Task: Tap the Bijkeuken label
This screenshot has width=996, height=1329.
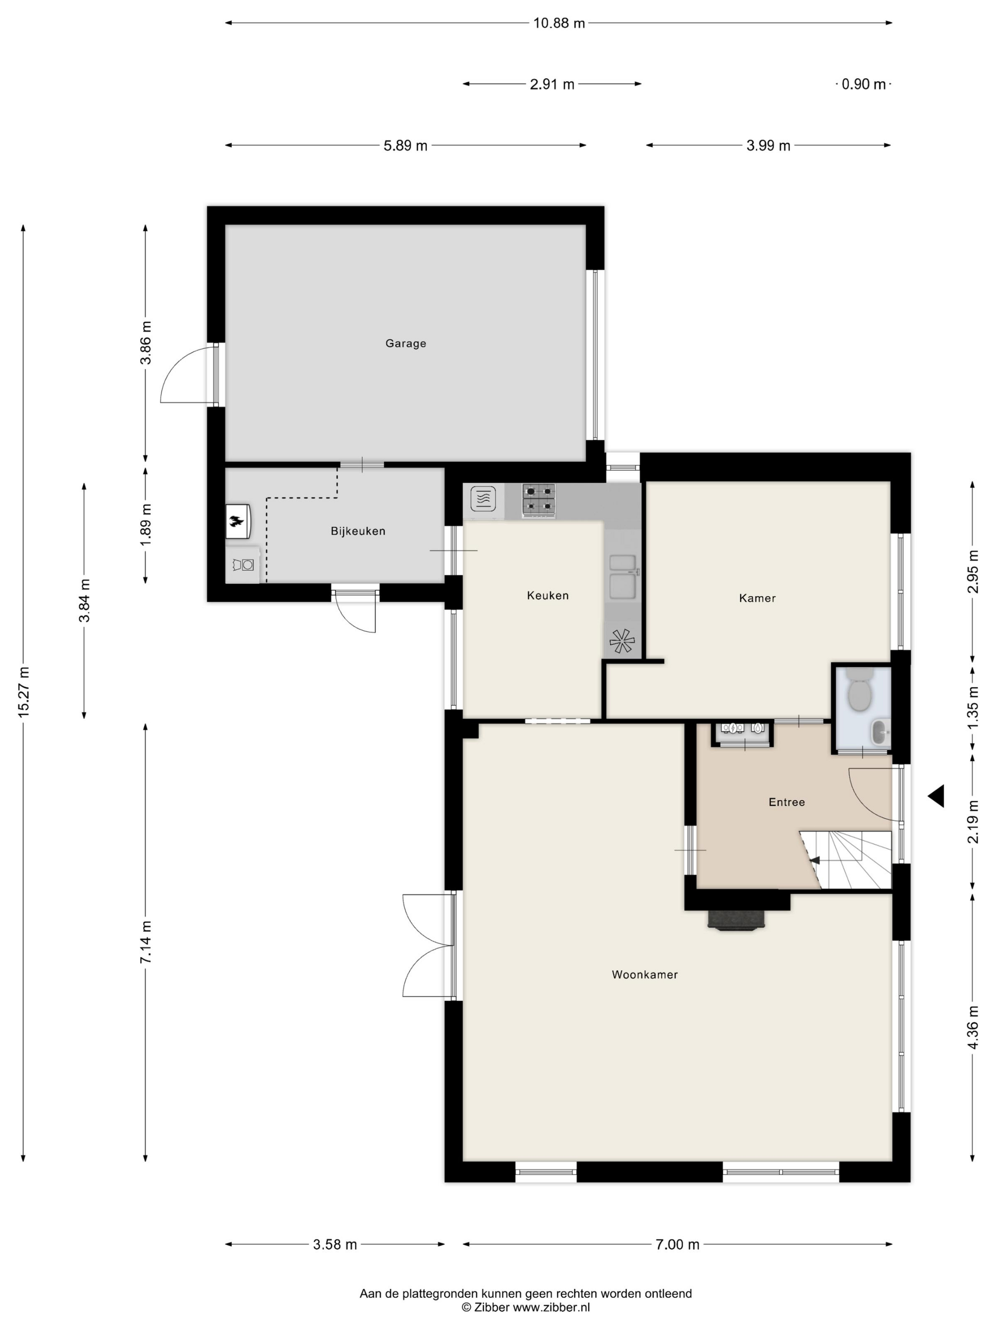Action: pyautogui.click(x=358, y=531)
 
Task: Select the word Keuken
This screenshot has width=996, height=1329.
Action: pyautogui.click(x=547, y=595)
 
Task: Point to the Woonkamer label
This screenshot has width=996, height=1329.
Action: pyautogui.click(x=644, y=974)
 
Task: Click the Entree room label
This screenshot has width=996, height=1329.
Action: pyautogui.click(x=786, y=802)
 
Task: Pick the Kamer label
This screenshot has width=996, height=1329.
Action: pyautogui.click(x=757, y=597)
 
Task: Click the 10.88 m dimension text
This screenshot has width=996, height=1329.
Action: pyautogui.click(x=558, y=23)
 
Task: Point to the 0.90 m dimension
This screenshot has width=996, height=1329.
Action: pyautogui.click(x=863, y=84)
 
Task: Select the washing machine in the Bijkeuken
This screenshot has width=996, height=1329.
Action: pyautogui.click(x=242, y=564)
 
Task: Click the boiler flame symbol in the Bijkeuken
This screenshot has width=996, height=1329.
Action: pyautogui.click(x=238, y=521)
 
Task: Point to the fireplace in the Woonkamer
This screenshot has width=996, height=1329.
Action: pyautogui.click(x=736, y=920)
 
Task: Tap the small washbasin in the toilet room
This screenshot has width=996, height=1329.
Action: pyautogui.click(x=881, y=732)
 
